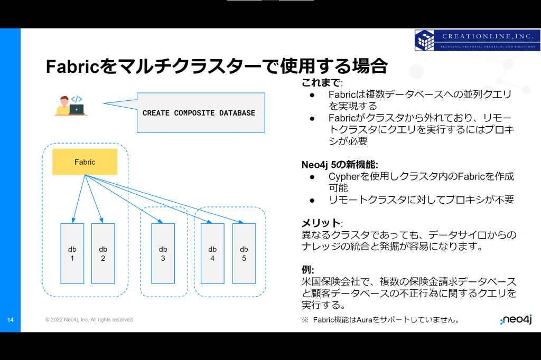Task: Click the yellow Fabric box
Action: pyautogui.click(x=85, y=162)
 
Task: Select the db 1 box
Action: pyautogui.click(x=72, y=253)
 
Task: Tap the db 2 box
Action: pyautogui.click(x=103, y=253)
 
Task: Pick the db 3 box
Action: pyautogui.click(x=163, y=253)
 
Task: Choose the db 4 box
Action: pyautogui.click(x=212, y=253)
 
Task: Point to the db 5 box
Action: pyautogui.click(x=244, y=253)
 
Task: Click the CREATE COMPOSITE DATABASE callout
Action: pyautogui.click(x=201, y=113)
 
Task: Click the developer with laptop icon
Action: pyautogui.click(x=71, y=106)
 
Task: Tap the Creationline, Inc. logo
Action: pyautogui.click(x=478, y=40)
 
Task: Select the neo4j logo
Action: pyautogui.click(x=516, y=320)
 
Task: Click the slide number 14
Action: pyautogui.click(x=11, y=320)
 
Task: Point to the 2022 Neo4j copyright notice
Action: pyautogui.click(x=89, y=320)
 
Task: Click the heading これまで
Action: pyautogui.click(x=322, y=82)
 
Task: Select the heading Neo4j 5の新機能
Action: pyautogui.click(x=340, y=165)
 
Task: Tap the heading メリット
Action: pyautogui.click(x=322, y=223)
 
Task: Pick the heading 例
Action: pyautogui.click(x=307, y=270)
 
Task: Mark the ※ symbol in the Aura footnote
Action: pyautogui.click(x=305, y=320)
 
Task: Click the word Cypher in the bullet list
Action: pyautogui.click(x=344, y=176)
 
